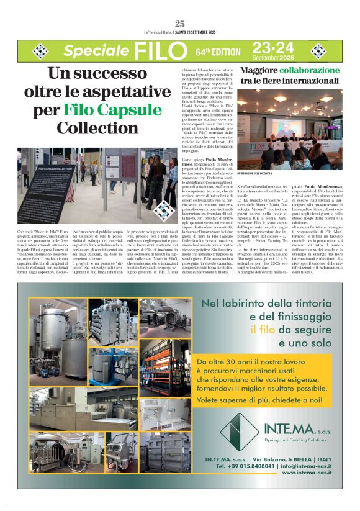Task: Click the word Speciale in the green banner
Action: pos(95,50)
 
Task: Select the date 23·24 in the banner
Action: pos(272,47)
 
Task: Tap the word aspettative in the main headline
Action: pos(122,93)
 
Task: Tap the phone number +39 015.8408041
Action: pos(247,464)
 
